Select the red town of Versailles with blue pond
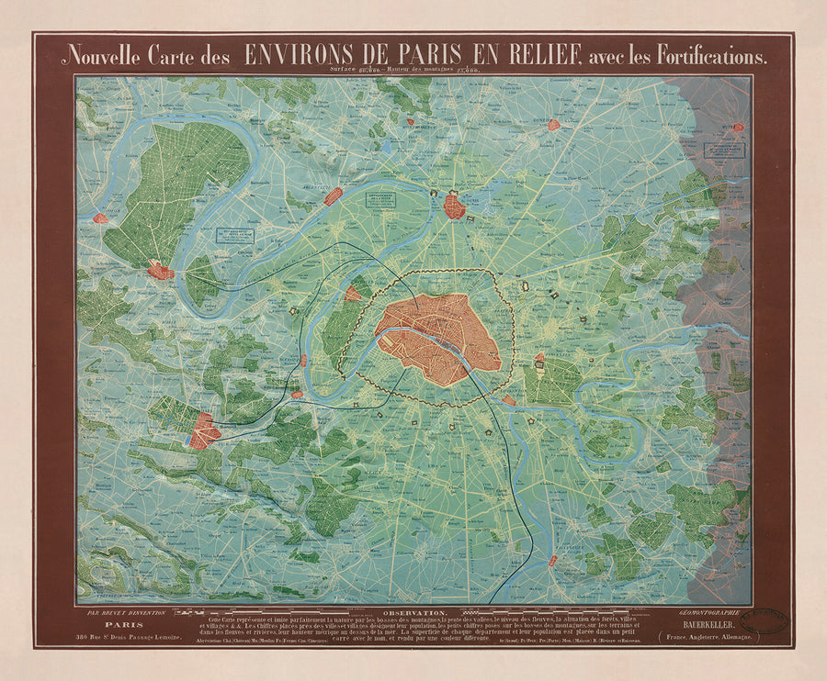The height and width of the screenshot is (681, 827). (x=203, y=430)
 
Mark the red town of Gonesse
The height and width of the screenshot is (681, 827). (x=553, y=125)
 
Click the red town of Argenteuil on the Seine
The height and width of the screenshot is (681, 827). (x=333, y=196)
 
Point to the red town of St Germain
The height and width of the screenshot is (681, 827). (x=161, y=271)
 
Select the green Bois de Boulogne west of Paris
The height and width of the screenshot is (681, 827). (x=343, y=326)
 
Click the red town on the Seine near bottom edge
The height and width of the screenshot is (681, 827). (x=553, y=560)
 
